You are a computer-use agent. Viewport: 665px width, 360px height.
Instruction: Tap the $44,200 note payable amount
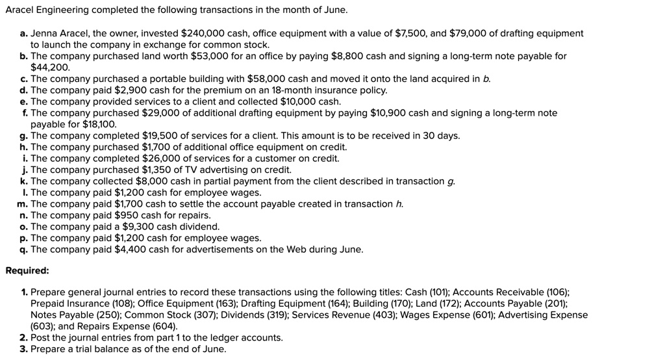click(50, 67)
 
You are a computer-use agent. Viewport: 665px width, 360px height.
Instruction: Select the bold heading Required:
click(27, 270)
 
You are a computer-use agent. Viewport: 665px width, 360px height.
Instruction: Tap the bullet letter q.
click(23, 250)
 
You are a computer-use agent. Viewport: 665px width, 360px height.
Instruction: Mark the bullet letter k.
click(23, 181)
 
